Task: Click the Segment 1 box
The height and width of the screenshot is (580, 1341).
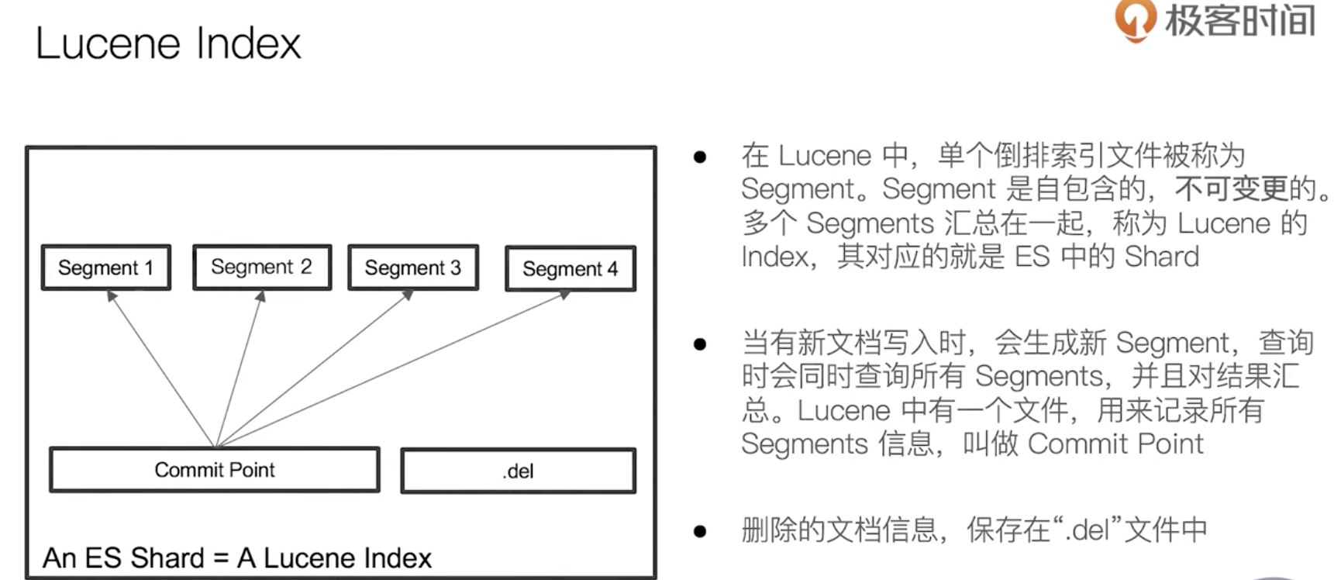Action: (x=106, y=268)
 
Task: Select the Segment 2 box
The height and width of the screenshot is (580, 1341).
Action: (x=262, y=267)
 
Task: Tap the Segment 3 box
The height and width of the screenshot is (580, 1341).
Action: (x=413, y=268)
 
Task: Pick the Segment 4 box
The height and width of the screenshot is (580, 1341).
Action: (x=571, y=269)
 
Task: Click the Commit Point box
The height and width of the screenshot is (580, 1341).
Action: (x=215, y=470)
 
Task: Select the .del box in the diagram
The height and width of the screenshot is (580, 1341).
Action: (x=518, y=471)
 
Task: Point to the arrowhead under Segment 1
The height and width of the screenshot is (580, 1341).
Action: (x=112, y=295)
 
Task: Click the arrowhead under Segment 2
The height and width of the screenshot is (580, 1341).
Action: (x=261, y=295)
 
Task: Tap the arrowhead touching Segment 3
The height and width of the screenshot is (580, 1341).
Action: (x=408, y=295)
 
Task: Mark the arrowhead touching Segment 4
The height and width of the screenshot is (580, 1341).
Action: (x=565, y=295)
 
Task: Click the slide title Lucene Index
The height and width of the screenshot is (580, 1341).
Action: (x=167, y=43)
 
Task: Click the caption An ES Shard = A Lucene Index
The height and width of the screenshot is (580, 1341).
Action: (x=237, y=558)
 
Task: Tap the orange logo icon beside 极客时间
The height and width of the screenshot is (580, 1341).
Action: (x=1135, y=19)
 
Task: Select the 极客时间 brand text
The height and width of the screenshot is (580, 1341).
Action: (x=1239, y=20)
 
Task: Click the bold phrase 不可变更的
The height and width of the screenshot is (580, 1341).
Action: (x=1246, y=188)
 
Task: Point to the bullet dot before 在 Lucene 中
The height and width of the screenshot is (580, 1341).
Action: (x=700, y=157)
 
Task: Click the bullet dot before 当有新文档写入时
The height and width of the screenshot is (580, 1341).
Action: (x=700, y=344)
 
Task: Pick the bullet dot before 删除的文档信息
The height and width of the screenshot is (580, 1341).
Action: (x=700, y=531)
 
